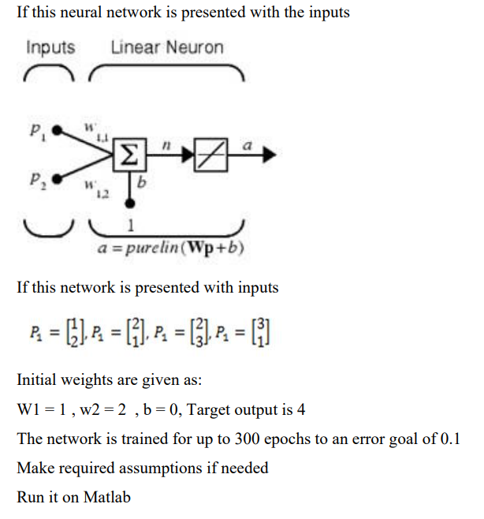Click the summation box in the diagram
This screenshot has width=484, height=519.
128,155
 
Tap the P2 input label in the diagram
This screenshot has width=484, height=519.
35,179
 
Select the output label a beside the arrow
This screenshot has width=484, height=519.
248,145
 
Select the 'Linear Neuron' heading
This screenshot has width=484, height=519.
167,48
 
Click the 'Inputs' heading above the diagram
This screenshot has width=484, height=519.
50,48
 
